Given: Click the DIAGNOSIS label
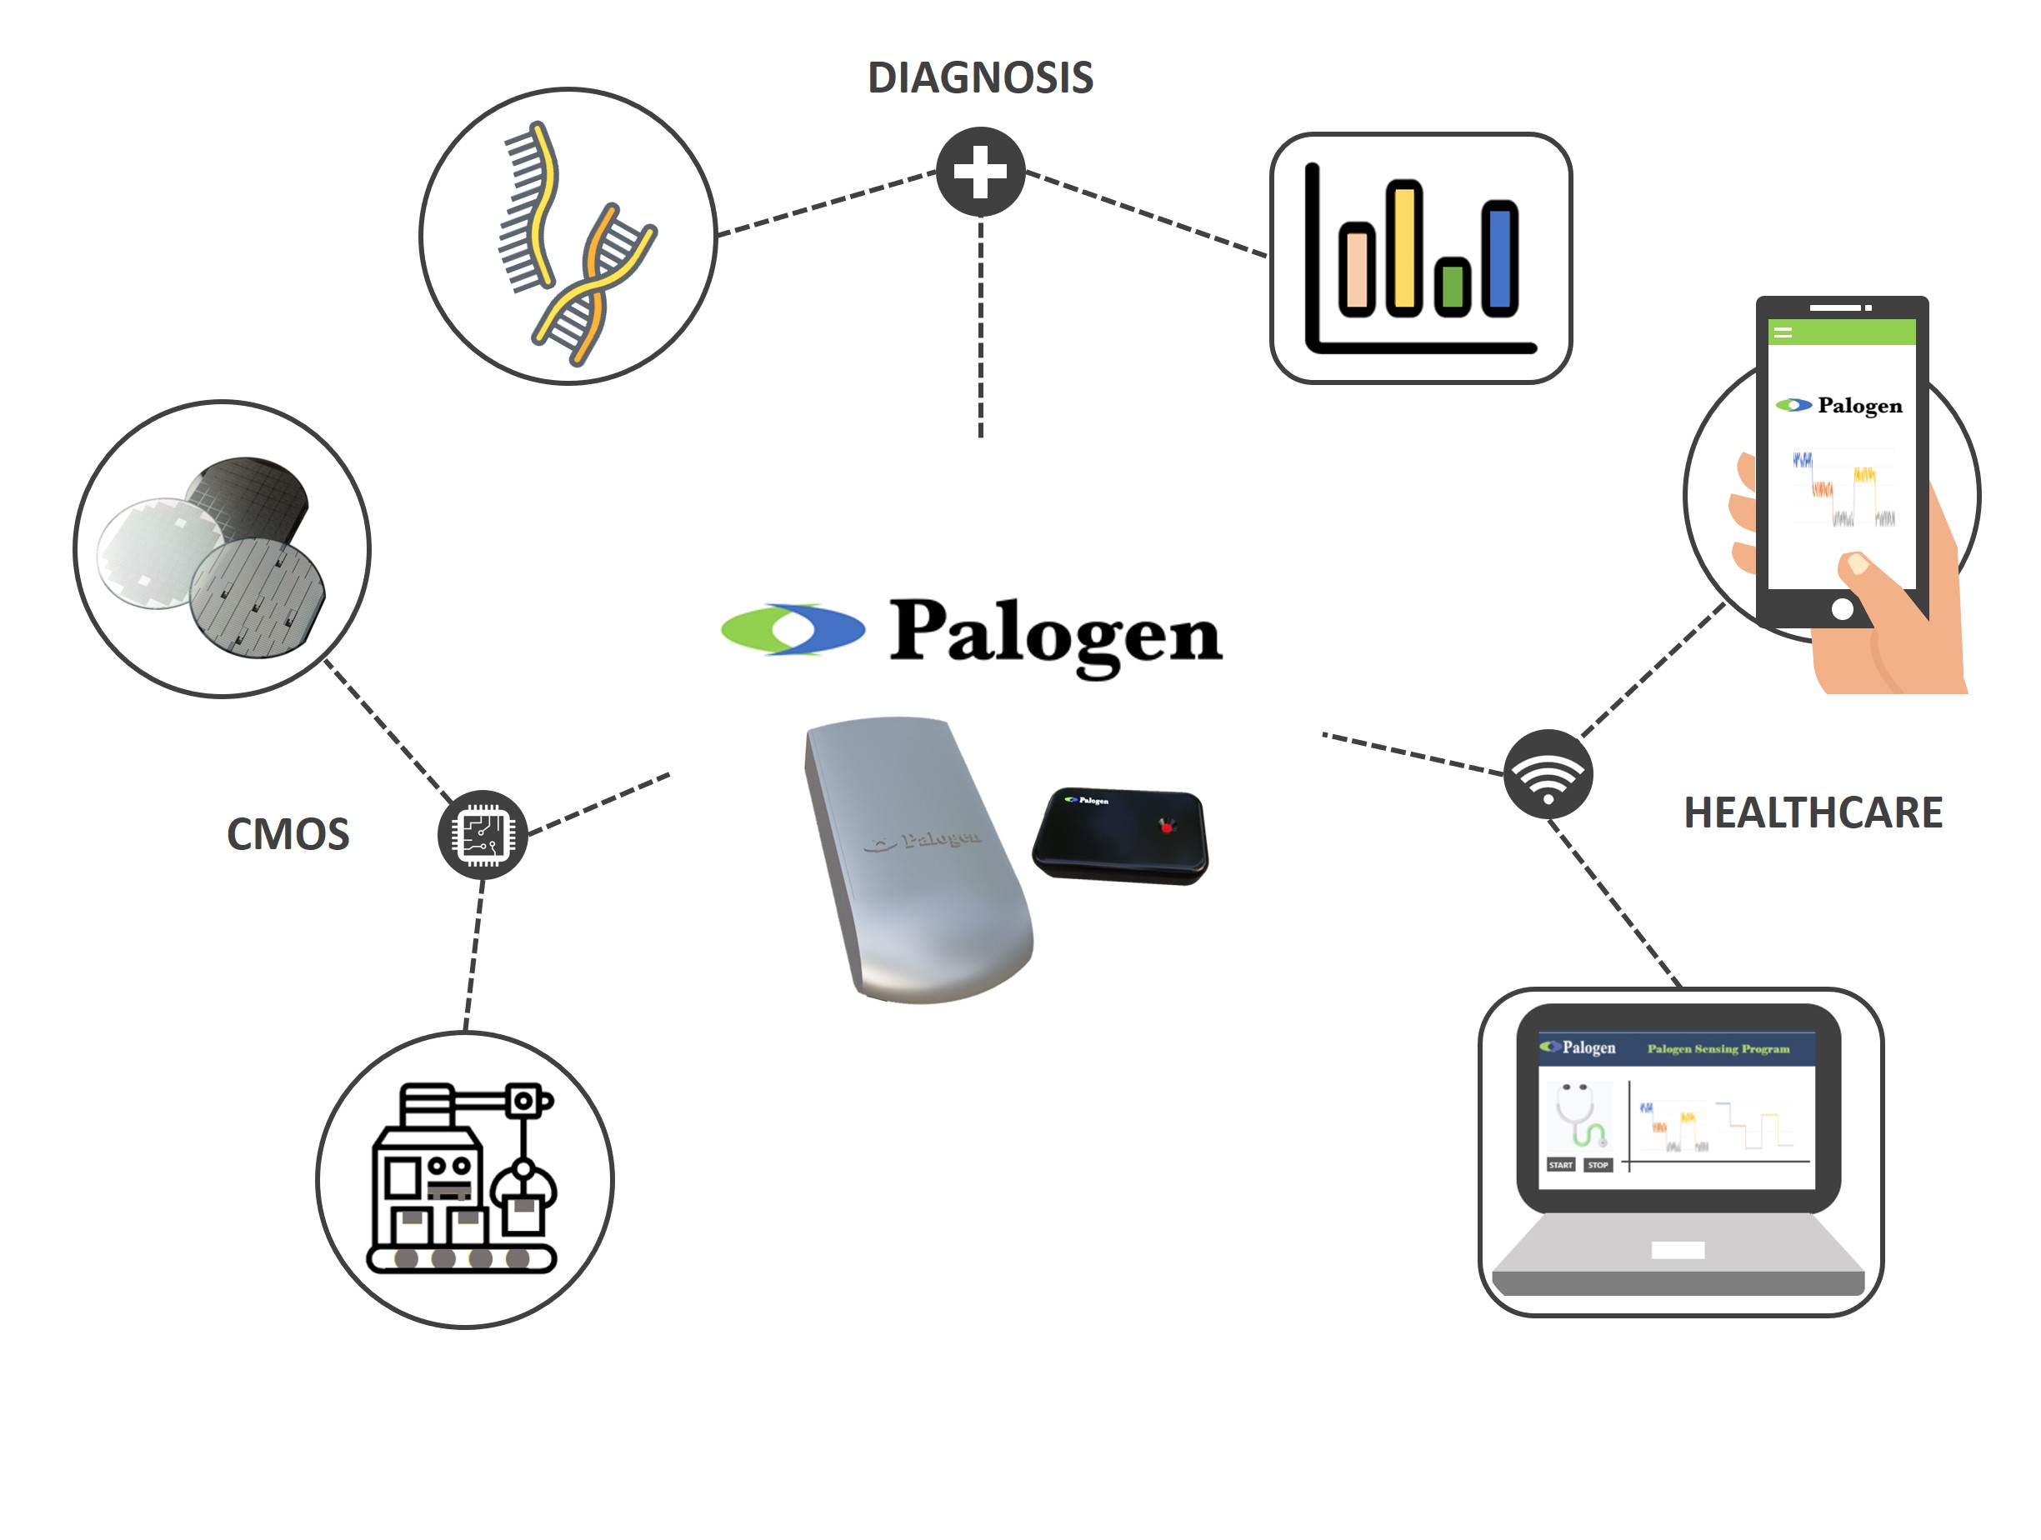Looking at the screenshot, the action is coord(980,77).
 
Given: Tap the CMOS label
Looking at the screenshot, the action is coord(288,834).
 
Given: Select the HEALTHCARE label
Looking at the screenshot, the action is coord(1813,812).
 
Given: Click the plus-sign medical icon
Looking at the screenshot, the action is coord(981,172).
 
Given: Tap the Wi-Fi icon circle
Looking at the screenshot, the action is coord(1548,773).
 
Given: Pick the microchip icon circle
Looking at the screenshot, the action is coord(483,835).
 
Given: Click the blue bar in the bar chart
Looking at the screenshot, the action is coord(1500,258).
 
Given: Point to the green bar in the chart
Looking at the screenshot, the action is coord(1453,286).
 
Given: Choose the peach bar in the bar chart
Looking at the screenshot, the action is coord(1357,268).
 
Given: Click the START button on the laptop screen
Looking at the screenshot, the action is coord(1560,1165).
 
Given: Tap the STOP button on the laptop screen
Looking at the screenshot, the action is coord(1598,1165).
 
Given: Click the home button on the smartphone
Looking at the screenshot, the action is coord(1842,609).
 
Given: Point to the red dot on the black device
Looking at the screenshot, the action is coord(1166,826).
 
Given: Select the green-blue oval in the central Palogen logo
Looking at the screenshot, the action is coord(793,630).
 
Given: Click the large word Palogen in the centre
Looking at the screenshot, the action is coord(1056,636).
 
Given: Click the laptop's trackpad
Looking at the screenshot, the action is coord(1678,1250).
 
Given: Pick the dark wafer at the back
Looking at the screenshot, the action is coord(248,498).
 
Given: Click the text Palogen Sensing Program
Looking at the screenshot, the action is coord(1718,1049).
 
